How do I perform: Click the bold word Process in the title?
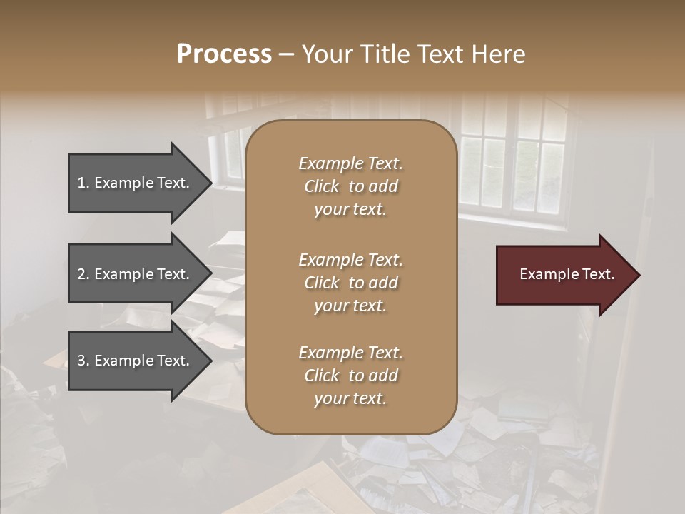[224, 54]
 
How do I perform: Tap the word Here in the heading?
[498, 54]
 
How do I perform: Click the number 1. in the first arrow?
[83, 183]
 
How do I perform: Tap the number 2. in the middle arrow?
[83, 274]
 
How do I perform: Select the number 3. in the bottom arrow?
[83, 361]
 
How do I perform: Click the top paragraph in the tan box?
[351, 186]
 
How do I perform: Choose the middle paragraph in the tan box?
[351, 283]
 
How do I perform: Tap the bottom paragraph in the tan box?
[351, 376]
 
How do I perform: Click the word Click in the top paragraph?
[322, 186]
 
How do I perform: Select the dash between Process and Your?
[286, 54]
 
